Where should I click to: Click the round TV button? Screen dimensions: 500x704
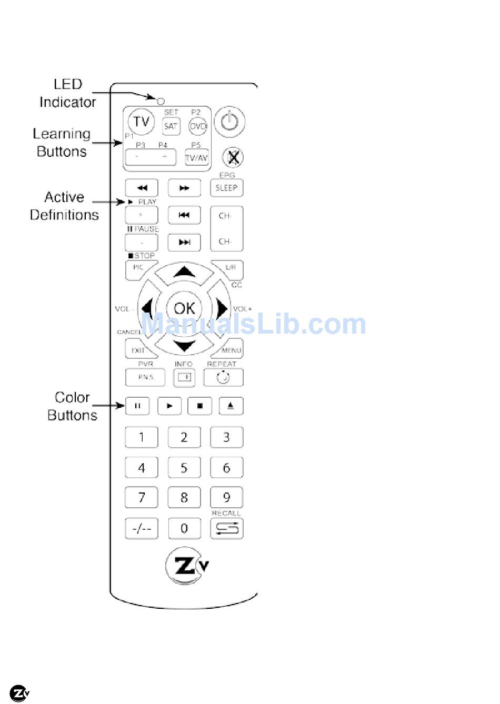tap(142, 122)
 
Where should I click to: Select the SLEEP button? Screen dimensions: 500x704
tap(227, 188)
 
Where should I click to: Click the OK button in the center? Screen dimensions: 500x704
tap(184, 308)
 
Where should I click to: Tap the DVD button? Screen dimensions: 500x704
tap(198, 126)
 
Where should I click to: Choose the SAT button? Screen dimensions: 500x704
tap(171, 126)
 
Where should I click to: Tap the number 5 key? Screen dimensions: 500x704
tap(184, 468)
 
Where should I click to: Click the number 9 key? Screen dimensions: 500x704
tap(227, 497)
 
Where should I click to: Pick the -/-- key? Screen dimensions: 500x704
tap(142, 528)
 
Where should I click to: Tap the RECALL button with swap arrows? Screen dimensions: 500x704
tap(227, 528)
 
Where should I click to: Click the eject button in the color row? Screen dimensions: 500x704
tap(231, 406)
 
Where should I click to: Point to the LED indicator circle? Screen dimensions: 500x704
tap(161, 100)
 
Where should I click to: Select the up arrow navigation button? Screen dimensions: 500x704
tap(184, 272)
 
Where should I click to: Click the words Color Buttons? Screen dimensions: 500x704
tap(72, 406)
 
